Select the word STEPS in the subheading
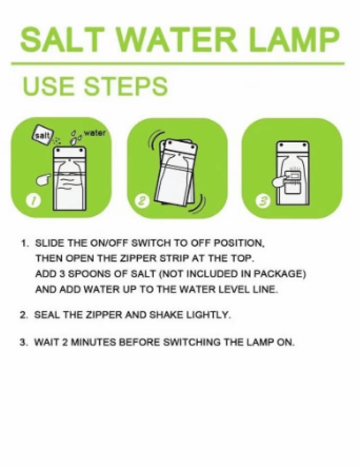[x=125, y=86]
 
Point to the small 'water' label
[x=95, y=133]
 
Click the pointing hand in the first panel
[x=44, y=179]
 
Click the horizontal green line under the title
[x=177, y=63]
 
